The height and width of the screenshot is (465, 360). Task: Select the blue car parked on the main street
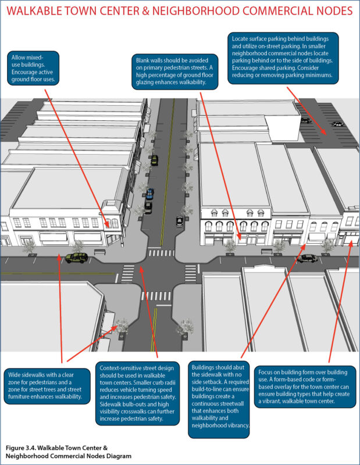click(x=150, y=193)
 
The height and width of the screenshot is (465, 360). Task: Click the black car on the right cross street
click(x=306, y=258)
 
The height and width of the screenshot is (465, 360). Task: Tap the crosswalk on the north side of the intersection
click(x=161, y=253)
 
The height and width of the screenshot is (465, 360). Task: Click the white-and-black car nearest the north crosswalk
click(x=179, y=221)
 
